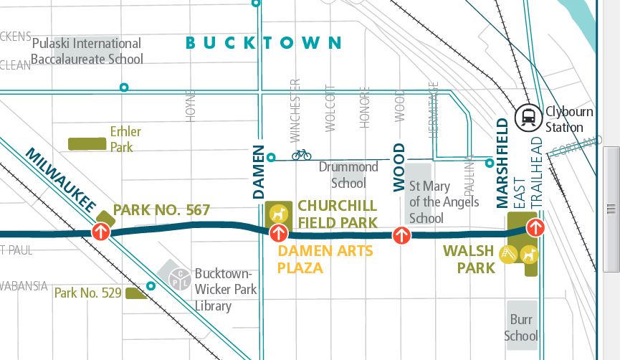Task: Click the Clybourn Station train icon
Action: point(529,116)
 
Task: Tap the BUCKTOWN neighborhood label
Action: point(264,43)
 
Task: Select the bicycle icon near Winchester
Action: point(302,154)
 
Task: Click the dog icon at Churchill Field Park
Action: point(277,213)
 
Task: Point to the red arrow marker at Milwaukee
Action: point(100,232)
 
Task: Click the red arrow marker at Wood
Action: point(401,235)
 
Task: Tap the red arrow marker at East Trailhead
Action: point(535,227)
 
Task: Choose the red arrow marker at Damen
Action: point(277,233)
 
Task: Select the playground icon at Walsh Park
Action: point(510,254)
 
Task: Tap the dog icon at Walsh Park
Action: point(529,254)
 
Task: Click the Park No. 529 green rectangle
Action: point(135,293)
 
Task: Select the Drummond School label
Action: point(348,174)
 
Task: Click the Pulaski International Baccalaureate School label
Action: point(87,51)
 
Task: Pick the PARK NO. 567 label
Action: point(161,210)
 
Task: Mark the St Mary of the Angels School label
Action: point(444,202)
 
